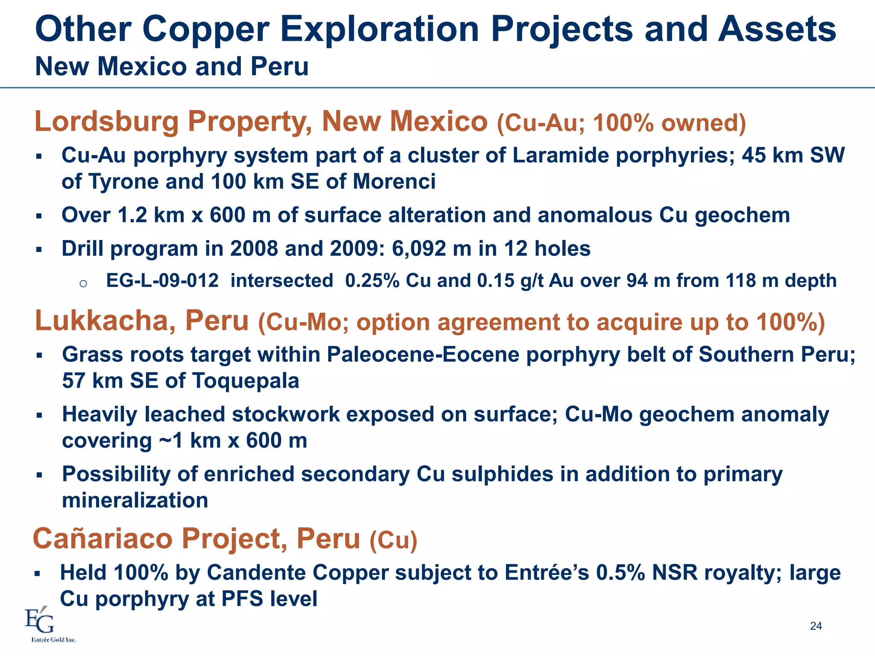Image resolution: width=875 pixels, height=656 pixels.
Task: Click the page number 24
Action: (x=816, y=626)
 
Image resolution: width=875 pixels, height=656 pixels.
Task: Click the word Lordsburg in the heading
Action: (x=106, y=122)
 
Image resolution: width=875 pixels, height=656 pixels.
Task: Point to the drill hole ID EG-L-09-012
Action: (x=162, y=281)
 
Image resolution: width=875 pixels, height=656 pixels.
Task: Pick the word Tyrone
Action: (x=123, y=182)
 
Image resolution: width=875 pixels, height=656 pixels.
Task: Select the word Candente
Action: (x=256, y=572)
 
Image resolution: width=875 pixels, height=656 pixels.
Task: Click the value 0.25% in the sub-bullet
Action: (x=372, y=281)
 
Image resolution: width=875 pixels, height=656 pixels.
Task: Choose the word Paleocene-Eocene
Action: (x=423, y=354)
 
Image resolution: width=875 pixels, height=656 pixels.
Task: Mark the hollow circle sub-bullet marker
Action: (x=83, y=283)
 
